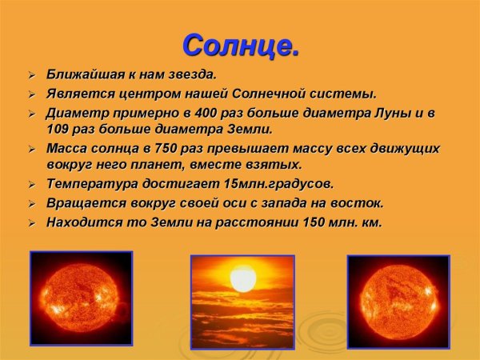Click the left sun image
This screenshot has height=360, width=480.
(81, 298)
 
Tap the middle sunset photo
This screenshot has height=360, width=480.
(242, 302)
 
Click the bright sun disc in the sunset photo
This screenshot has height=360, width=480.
(242, 280)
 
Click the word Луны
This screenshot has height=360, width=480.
(392, 113)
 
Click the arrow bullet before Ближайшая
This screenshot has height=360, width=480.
(30, 76)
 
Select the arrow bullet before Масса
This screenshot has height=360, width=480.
(30, 150)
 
